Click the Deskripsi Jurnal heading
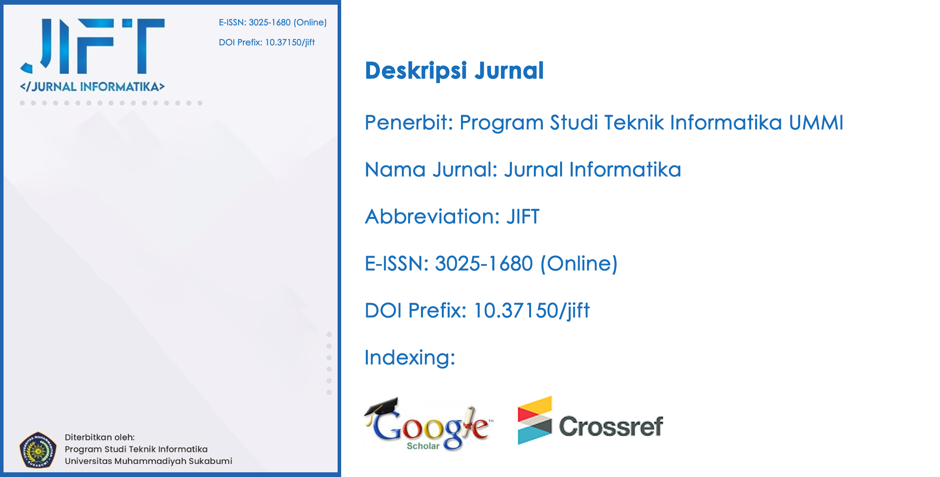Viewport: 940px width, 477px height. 454,71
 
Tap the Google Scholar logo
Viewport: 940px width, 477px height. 429,425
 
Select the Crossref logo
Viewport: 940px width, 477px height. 590,421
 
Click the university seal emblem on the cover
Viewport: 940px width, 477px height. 38,450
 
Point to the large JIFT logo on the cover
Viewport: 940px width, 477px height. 93,46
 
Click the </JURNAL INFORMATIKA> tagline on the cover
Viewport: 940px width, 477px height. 92,87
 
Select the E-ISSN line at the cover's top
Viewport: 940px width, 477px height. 273,23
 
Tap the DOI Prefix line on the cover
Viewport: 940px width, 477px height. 267,42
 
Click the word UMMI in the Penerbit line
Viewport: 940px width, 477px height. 816,123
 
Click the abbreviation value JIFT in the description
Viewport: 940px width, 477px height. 523,217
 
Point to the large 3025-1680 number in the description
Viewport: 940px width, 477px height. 484,264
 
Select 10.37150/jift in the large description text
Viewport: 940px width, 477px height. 531,311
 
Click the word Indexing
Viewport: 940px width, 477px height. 410,358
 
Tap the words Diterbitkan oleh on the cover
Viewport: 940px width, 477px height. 99,437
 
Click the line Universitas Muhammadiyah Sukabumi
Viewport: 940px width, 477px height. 148,461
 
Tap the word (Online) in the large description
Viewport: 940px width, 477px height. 578,264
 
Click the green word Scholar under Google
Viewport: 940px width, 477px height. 423,446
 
